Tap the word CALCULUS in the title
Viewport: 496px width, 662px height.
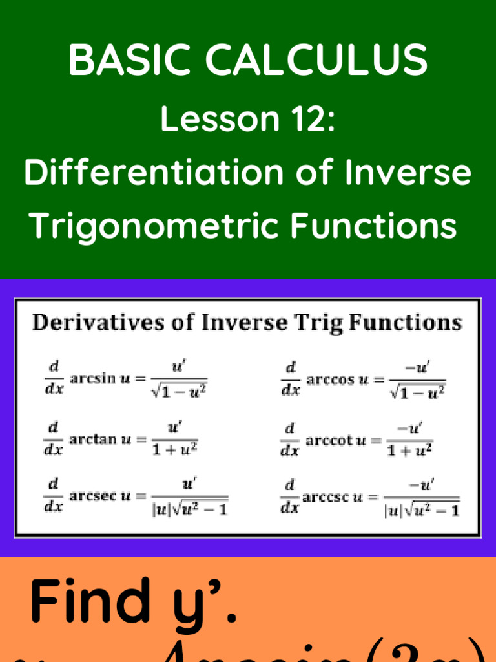coord(316,60)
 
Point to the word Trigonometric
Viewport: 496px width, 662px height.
coord(155,225)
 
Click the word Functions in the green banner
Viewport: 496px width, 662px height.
coord(373,225)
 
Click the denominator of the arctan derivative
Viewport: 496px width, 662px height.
coord(174,449)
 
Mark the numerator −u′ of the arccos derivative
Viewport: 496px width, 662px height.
coord(418,368)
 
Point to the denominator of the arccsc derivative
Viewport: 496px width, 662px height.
coord(422,510)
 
